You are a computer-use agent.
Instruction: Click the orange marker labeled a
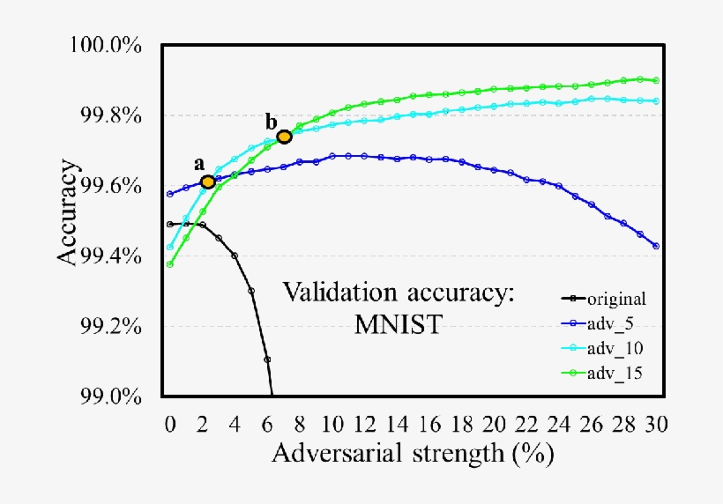208,182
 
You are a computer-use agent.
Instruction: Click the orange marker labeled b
284,137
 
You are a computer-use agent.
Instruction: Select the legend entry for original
606,299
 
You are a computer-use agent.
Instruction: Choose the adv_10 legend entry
606,348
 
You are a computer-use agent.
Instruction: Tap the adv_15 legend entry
606,373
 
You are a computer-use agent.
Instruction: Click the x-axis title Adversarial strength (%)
413,454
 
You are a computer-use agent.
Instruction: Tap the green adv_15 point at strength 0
169,264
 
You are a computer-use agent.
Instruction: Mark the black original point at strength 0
169,224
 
